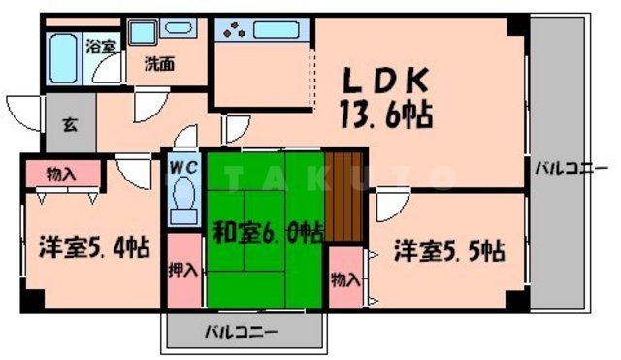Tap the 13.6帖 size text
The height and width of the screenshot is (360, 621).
[386, 115]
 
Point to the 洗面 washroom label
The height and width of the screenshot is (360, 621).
[159, 65]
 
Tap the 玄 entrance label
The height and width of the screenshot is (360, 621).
[71, 123]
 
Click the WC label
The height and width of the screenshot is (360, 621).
[183, 166]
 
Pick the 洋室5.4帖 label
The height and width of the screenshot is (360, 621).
[93, 247]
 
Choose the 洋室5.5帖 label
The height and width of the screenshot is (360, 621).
[448, 250]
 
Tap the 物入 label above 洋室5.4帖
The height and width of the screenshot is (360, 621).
[61, 174]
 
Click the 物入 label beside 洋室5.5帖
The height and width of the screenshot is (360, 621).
[344, 280]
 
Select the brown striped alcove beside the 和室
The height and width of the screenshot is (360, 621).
[343, 195]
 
